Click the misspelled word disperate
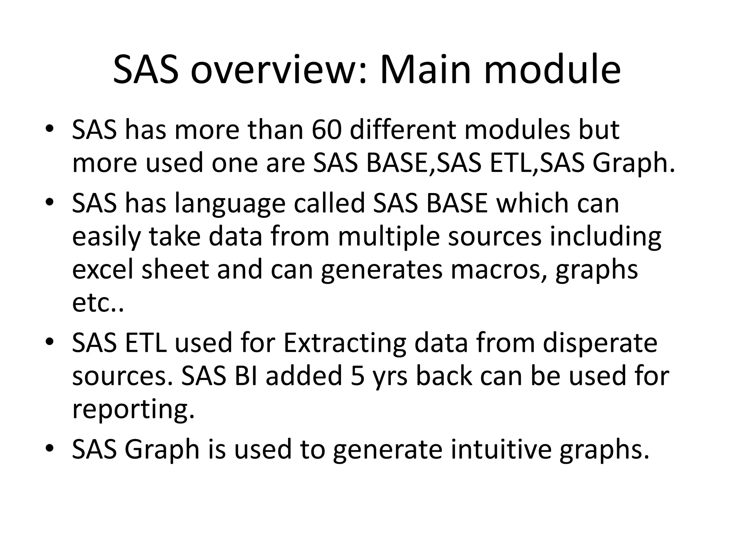click(x=600, y=343)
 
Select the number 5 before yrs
click(x=357, y=376)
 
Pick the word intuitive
click(x=501, y=449)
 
